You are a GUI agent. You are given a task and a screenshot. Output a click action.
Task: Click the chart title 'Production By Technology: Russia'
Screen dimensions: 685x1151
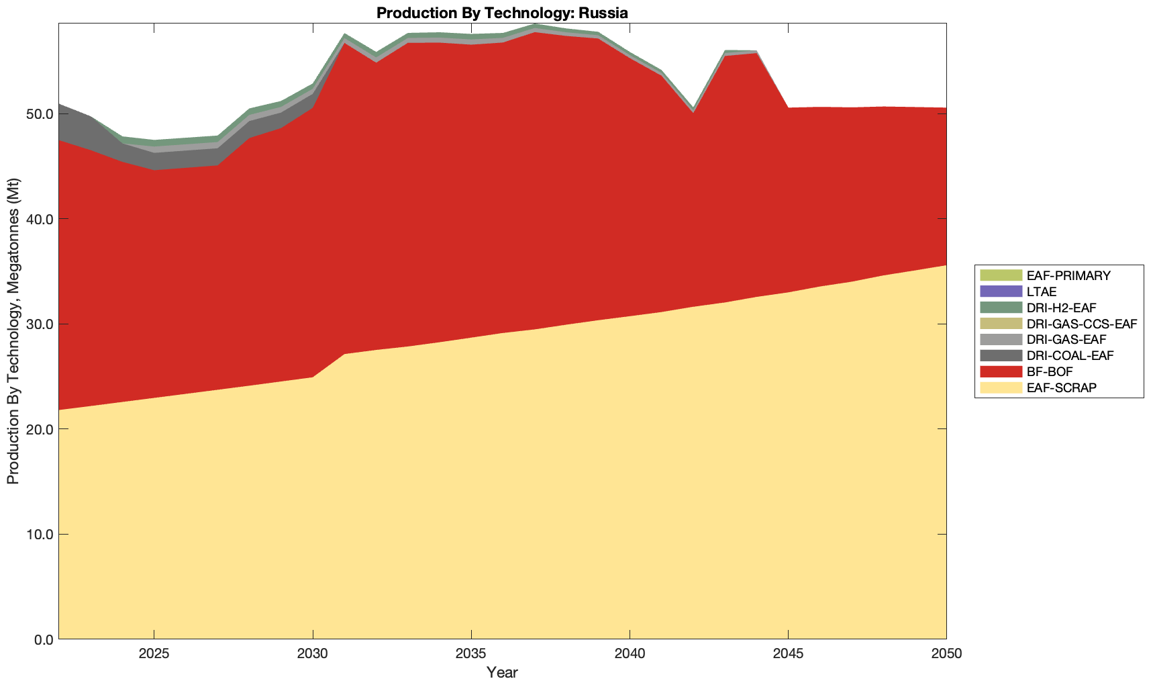(x=502, y=13)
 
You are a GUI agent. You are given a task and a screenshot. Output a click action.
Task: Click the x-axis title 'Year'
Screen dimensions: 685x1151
(x=502, y=672)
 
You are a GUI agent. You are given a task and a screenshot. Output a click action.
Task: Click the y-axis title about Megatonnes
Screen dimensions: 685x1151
(x=13, y=331)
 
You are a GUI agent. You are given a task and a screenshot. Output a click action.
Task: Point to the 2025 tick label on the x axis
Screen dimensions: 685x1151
(x=154, y=654)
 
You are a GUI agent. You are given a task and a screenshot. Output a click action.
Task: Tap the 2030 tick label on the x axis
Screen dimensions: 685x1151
(x=313, y=654)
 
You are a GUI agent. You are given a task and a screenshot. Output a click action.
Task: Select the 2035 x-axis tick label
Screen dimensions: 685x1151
(x=471, y=654)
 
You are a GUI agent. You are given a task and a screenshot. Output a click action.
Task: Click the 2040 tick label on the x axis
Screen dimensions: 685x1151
(x=630, y=654)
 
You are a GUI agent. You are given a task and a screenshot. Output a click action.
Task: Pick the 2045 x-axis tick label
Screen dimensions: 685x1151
(x=788, y=654)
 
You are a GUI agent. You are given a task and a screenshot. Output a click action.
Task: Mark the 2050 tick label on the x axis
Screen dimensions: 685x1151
(x=946, y=654)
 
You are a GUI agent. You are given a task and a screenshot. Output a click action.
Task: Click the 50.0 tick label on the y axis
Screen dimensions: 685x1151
(x=40, y=113)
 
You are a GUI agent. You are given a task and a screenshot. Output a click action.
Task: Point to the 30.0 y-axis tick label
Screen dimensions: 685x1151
(x=40, y=324)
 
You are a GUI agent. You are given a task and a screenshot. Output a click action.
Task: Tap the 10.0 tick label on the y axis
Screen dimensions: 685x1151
(x=40, y=535)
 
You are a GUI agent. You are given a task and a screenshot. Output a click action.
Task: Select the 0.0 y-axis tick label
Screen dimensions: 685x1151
(x=43, y=639)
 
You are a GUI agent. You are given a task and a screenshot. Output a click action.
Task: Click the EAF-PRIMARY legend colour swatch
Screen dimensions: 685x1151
(x=1000, y=275)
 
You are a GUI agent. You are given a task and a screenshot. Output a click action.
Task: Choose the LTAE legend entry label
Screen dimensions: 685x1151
(x=1042, y=291)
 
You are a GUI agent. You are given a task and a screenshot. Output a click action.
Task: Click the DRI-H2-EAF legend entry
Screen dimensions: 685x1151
(x=1061, y=308)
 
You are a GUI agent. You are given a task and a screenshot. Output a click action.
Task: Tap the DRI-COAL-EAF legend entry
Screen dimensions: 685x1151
(x=1070, y=355)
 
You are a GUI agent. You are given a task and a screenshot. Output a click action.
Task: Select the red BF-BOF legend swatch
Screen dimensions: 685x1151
(x=1000, y=371)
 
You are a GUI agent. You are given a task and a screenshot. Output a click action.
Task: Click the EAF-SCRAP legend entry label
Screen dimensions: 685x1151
(x=1062, y=387)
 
